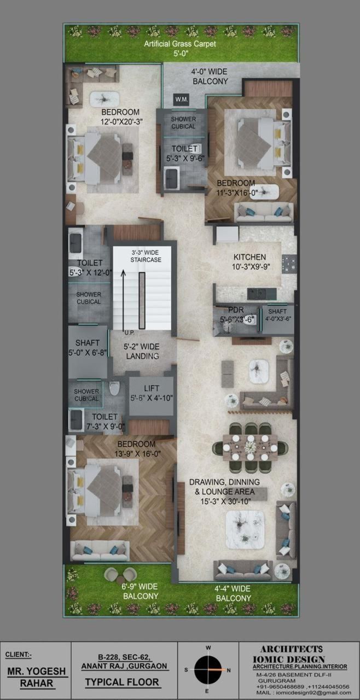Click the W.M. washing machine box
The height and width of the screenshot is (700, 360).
[182, 100]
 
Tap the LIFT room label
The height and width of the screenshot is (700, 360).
[152, 388]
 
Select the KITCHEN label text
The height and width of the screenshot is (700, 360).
[249, 257]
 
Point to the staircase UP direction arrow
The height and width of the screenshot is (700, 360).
[124, 300]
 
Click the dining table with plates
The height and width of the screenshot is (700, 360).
[250, 447]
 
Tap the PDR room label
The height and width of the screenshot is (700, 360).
[236, 310]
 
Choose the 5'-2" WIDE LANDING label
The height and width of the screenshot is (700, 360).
[142, 351]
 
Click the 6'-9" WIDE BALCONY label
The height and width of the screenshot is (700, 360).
[140, 591]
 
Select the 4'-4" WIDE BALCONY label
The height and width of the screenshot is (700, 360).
[233, 593]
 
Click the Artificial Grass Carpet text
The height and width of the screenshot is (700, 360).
[180, 44]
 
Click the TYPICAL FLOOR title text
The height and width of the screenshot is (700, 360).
[122, 682]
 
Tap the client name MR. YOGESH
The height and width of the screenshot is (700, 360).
[37, 670]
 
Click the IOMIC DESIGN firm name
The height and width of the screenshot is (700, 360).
[289, 660]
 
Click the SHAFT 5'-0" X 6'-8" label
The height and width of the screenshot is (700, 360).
[88, 347]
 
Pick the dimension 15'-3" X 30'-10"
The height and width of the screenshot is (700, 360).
[225, 501]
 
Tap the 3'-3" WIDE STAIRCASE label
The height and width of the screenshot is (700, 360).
[146, 256]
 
